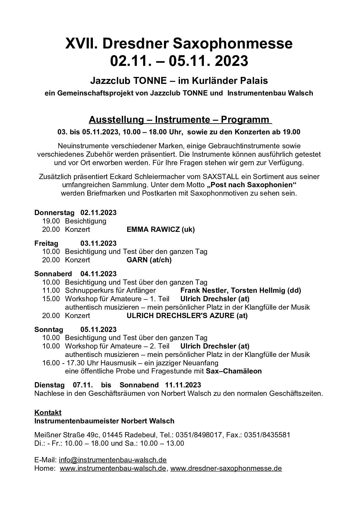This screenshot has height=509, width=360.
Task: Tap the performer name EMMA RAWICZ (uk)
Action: click(x=161, y=230)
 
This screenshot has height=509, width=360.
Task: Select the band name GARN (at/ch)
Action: click(x=149, y=260)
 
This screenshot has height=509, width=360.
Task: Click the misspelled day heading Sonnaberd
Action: click(x=53, y=274)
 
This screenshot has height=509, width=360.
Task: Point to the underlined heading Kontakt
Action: click(x=48, y=412)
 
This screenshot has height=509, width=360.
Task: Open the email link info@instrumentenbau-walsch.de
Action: click(x=113, y=460)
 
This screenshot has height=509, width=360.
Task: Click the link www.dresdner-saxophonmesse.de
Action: click(x=226, y=468)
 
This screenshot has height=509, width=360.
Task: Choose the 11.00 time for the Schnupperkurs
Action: click(x=51, y=290)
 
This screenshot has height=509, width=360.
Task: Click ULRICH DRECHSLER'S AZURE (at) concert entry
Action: click(x=187, y=316)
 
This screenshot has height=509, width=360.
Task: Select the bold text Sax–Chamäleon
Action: click(x=234, y=371)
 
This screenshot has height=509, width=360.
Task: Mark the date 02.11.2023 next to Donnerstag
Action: click(x=98, y=213)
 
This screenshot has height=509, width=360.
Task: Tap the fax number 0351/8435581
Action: click(x=267, y=435)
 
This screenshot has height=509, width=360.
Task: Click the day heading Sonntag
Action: click(x=48, y=330)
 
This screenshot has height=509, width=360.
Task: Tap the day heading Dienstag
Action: click(x=49, y=385)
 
